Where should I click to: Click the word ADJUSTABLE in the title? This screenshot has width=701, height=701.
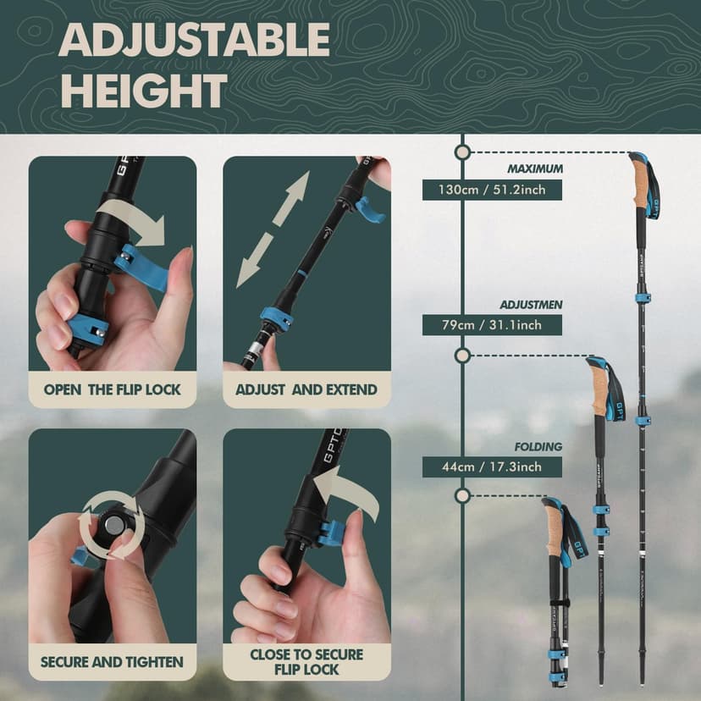tap(194, 39)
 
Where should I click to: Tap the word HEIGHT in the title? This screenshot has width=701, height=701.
tap(143, 91)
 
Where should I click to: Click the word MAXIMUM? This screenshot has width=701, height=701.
tap(534, 168)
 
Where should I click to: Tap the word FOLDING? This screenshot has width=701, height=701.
tap(538, 446)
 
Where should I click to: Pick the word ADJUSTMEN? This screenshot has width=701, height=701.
tap(532, 304)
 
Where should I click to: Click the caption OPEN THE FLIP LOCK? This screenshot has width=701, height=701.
tap(113, 389)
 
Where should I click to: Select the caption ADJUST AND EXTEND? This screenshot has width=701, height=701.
tap(306, 389)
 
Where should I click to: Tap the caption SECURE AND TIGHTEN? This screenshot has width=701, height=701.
tap(113, 661)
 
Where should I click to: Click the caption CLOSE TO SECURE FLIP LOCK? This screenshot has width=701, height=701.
tap(306, 661)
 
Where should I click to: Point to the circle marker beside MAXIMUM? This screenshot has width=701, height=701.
tap(462, 152)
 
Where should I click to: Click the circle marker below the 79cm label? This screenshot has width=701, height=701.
tap(462, 355)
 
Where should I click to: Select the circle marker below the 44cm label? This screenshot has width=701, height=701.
tap(462, 494)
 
